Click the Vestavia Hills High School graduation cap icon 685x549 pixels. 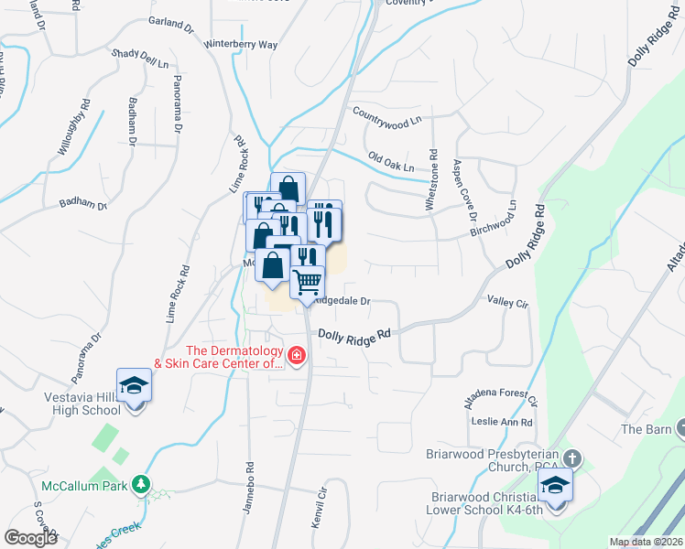coord(135,385)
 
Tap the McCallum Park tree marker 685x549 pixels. coord(140,483)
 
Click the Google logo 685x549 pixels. coord(30,538)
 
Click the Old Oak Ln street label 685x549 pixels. coord(391,162)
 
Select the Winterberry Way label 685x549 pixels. coord(241,44)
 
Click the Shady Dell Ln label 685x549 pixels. coord(141,59)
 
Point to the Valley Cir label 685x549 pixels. coord(508,301)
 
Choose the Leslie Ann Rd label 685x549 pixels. coord(502,421)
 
